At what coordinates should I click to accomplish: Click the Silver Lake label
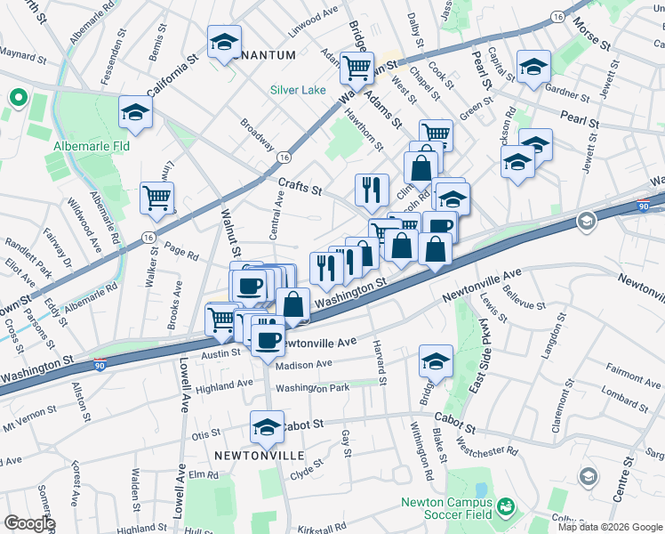click(299, 90)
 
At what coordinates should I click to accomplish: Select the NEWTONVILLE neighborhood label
click(259, 455)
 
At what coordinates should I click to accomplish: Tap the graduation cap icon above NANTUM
click(224, 41)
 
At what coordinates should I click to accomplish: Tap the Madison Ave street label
click(303, 363)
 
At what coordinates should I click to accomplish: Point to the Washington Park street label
click(312, 388)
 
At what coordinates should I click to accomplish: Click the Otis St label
click(205, 435)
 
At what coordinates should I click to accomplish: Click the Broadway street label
click(258, 133)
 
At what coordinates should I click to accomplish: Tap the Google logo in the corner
click(29, 522)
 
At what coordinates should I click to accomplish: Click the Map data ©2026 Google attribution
click(608, 527)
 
